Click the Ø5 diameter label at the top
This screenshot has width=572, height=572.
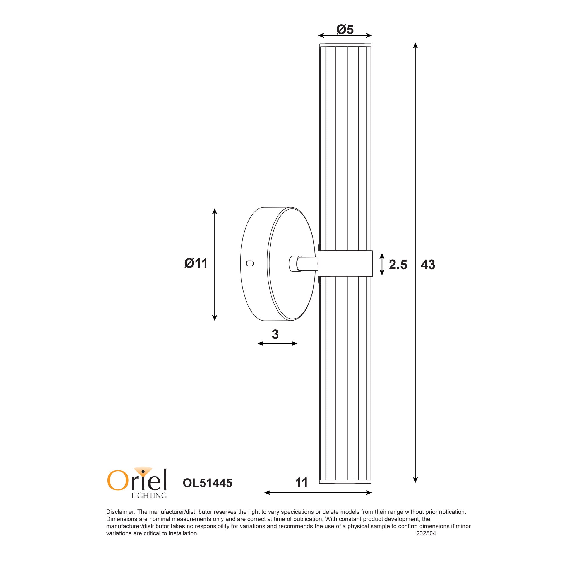(x=345, y=29)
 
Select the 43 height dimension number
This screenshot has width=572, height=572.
(x=428, y=265)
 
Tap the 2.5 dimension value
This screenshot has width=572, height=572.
(x=398, y=265)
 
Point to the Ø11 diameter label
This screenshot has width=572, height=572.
(x=196, y=263)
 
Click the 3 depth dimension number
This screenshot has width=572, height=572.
(x=275, y=334)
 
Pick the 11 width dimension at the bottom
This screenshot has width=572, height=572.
(x=301, y=483)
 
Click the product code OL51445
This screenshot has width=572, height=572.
(x=208, y=483)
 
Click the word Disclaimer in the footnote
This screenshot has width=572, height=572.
(x=121, y=512)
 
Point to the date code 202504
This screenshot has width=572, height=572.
(x=426, y=533)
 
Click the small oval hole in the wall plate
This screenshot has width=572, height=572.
(x=250, y=263)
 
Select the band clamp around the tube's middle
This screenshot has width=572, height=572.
(x=345, y=263)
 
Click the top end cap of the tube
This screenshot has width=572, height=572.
(x=345, y=45)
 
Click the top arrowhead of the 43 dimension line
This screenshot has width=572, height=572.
(x=415, y=45)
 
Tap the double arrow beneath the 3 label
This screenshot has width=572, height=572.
(x=277, y=343)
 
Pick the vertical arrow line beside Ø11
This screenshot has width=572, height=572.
(x=215, y=265)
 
